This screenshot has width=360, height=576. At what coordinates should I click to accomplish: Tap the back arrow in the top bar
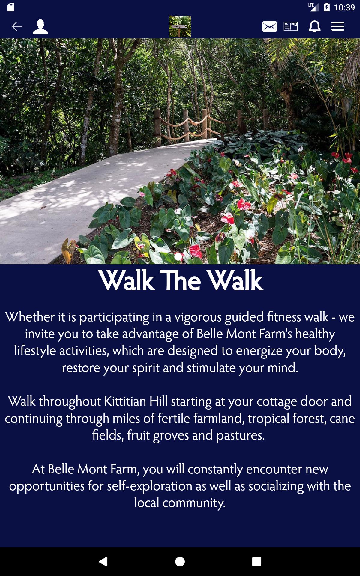click(x=17, y=26)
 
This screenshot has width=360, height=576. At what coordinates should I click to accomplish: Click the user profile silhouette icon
click(x=40, y=26)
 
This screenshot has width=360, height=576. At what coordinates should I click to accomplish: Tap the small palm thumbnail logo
click(x=180, y=26)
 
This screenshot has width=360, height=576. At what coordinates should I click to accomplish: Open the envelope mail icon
click(x=269, y=26)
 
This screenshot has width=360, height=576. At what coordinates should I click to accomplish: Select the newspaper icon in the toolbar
click(x=291, y=26)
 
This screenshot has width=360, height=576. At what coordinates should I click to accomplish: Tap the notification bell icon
click(x=314, y=26)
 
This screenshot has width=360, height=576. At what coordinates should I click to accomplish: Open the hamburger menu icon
click(x=338, y=26)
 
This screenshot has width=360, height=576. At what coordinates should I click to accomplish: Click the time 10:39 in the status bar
click(x=344, y=7)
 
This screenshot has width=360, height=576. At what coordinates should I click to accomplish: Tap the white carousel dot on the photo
click(x=178, y=257)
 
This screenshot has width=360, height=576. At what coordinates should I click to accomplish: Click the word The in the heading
click(x=181, y=281)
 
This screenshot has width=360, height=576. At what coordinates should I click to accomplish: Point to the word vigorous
click(x=198, y=317)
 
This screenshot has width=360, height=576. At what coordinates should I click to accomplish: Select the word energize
click(x=259, y=351)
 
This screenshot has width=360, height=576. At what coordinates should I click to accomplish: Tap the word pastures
click(x=240, y=436)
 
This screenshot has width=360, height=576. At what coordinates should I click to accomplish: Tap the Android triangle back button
click(x=103, y=561)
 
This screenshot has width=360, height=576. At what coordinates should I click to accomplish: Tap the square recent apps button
click(x=257, y=561)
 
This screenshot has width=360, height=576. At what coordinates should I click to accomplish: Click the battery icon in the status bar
click(x=327, y=7)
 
